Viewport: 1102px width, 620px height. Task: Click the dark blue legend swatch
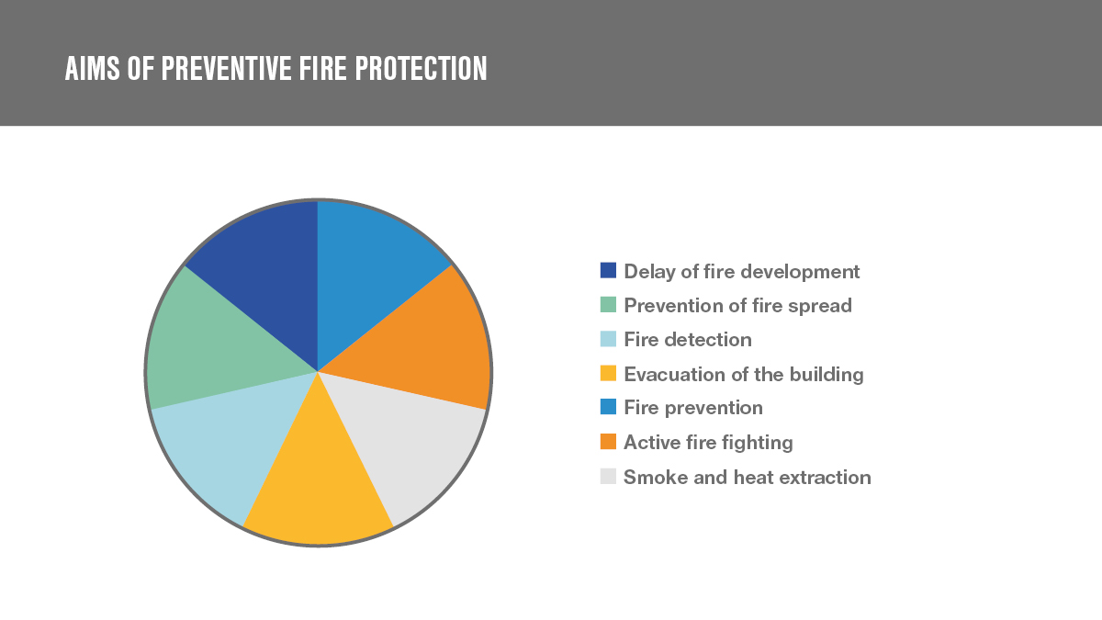point(608,271)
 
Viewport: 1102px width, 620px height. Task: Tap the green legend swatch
point(608,305)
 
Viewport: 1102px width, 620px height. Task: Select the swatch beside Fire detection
point(608,339)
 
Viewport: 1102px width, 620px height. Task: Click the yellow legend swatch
point(608,373)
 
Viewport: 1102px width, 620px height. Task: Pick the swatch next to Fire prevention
point(608,407)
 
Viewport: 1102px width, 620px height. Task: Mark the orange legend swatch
point(608,442)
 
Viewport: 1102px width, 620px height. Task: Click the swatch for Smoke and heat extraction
point(608,476)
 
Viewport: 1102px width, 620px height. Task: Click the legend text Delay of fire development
point(742,272)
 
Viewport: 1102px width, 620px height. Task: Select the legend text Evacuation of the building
point(744,375)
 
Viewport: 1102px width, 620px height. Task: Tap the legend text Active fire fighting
point(708,443)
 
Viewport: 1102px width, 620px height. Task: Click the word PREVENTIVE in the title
point(226,68)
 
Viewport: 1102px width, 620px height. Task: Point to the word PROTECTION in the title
point(422,68)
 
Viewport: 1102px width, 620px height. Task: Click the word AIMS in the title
point(93,68)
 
